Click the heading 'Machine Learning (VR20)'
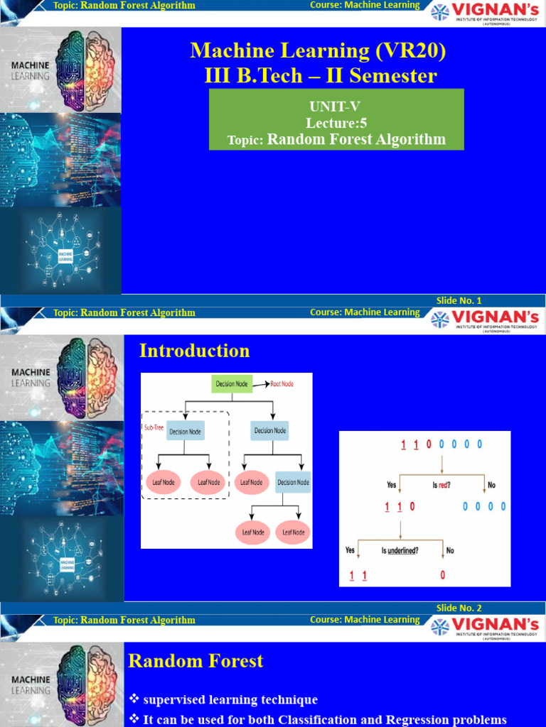pyautogui.click(x=319, y=50)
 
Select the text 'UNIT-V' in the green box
pyautogui.click(x=336, y=106)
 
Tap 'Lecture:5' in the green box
pyautogui.click(x=336, y=123)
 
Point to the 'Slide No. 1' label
pyautogui.click(x=459, y=301)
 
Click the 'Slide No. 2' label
pyautogui.click(x=459, y=608)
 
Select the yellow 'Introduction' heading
pyautogui.click(x=194, y=351)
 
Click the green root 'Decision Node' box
pyautogui.click(x=231, y=384)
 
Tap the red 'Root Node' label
pyautogui.click(x=282, y=384)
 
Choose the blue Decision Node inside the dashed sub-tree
pyautogui.click(x=185, y=431)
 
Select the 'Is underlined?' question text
pyautogui.click(x=400, y=550)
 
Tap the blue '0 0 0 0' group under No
pyautogui.click(x=484, y=507)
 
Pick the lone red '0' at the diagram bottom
pyautogui.click(x=442, y=576)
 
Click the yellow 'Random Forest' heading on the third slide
pyautogui.click(x=196, y=661)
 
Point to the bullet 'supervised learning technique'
pyautogui.click(x=230, y=700)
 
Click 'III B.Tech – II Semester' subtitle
pyautogui.click(x=320, y=75)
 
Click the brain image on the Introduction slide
pyautogui.click(x=86, y=377)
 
